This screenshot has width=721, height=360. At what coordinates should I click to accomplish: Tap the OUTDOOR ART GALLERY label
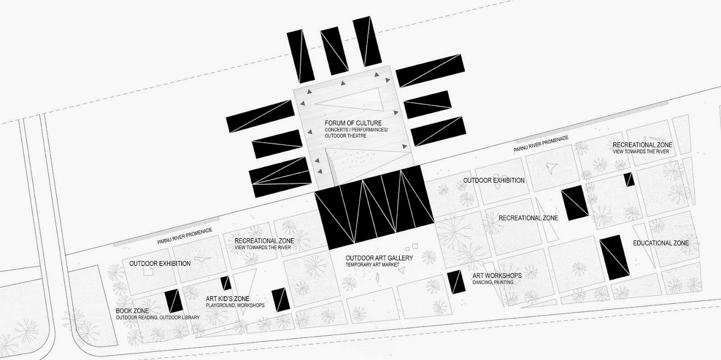coord(379,258)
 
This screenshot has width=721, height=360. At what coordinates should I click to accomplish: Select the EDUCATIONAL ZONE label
coord(661,243)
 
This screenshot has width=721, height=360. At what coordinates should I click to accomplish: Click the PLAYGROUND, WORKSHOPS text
coord(235,305)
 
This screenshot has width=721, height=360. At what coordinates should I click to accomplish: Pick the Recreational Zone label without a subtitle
coord(528,218)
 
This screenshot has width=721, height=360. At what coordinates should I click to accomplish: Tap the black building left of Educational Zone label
coord(614,257)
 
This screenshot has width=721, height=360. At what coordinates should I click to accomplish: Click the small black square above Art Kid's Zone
coord(226,283)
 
